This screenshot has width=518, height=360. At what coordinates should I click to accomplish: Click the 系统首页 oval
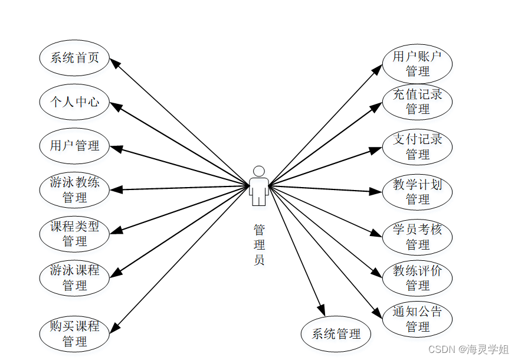74,58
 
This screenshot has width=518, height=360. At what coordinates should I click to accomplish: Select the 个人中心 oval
74,102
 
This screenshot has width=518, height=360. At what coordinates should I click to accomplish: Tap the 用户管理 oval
74,145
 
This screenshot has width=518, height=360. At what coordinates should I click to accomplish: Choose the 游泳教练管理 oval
74,189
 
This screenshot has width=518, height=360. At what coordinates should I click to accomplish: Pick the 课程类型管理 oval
74,233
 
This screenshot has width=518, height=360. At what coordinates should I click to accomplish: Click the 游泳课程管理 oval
74,277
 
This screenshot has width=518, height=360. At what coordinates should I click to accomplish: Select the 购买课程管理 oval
74,333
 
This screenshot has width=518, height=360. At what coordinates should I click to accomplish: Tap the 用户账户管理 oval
417,63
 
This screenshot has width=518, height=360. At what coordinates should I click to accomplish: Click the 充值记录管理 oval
417,102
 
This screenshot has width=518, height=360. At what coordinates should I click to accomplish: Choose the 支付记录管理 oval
417,146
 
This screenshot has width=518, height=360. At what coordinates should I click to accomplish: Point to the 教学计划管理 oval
417,191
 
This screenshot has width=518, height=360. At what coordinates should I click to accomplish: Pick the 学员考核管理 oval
417,236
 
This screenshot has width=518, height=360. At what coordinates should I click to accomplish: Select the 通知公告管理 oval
417,319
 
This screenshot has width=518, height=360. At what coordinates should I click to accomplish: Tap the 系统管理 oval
336,334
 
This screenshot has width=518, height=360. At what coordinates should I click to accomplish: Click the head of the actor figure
258,171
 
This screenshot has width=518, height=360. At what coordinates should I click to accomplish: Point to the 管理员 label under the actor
259,244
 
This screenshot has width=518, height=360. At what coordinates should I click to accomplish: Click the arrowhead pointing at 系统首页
116,63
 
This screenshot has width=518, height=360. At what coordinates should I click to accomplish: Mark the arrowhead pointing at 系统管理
322,311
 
